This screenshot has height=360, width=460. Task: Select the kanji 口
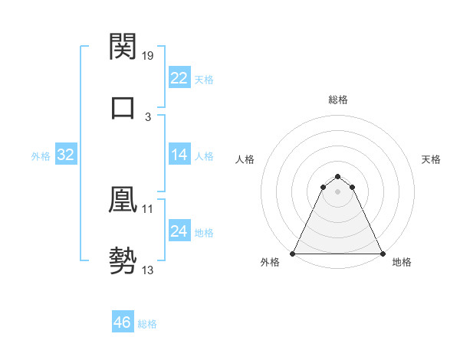123,107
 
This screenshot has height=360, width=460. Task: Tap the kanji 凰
123,201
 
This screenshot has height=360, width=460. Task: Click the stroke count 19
149,55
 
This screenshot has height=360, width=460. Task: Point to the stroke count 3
148,116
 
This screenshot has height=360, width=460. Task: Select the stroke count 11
148,209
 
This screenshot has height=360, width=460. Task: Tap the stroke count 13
148,270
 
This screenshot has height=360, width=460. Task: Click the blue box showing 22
179,77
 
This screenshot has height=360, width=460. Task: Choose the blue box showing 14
179,155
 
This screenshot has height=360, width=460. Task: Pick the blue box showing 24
179,232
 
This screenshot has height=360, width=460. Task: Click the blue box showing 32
66,155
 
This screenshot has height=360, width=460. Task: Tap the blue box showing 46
123,322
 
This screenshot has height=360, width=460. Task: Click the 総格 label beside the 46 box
147,324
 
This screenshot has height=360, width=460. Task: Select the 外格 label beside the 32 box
41,156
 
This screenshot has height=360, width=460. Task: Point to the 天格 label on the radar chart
431,159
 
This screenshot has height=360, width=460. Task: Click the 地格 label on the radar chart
402,263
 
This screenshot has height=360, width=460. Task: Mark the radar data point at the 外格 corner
293,253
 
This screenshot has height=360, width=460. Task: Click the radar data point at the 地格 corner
383,253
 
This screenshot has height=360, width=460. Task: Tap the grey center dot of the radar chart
337,191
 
